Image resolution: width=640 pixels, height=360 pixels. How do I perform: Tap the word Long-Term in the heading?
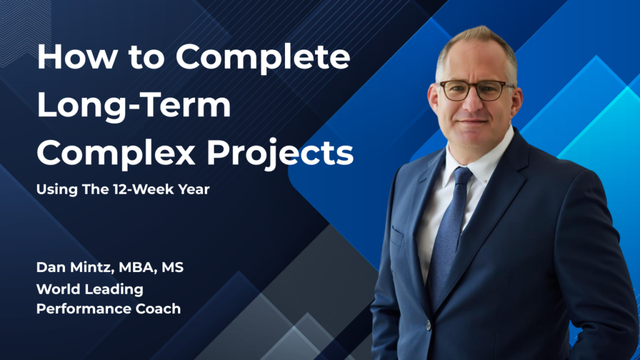point(134,106)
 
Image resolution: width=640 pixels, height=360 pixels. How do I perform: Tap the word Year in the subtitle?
point(194,189)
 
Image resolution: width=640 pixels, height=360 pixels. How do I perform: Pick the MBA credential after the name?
point(139,269)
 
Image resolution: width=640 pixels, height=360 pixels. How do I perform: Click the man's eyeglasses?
point(474,90)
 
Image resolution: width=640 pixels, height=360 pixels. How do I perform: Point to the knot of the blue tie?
point(462,176)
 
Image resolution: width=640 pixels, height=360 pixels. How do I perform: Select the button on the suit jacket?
point(429,325)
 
